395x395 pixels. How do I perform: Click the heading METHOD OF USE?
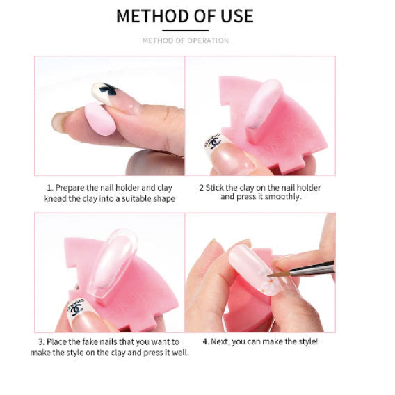coord(185,15)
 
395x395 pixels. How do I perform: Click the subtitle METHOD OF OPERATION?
coord(185,40)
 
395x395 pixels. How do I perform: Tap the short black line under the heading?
coord(185,31)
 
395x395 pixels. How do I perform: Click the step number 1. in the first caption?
coord(49,188)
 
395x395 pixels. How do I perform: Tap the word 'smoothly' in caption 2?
coord(284,197)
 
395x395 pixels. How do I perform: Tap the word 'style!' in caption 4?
coord(307,341)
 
